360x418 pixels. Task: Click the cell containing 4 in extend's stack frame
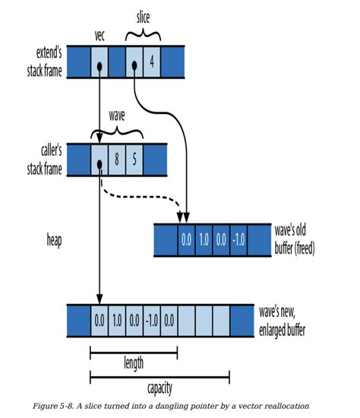tap(152, 62)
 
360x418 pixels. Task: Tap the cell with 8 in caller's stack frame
tap(117, 160)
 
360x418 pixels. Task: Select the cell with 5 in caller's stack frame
tap(134, 160)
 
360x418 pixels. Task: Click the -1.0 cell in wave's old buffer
tap(238, 240)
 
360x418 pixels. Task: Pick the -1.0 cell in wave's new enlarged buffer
tap(152, 321)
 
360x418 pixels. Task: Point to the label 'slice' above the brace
tap(143, 17)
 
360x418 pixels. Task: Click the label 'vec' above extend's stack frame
tap(99, 36)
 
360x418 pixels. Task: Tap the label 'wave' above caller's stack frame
tap(117, 116)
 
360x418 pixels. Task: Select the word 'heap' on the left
tap(55, 240)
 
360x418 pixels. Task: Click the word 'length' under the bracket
tap(134, 363)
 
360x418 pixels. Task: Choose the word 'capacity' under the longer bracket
tap(159, 388)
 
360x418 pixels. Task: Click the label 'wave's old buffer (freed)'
tap(295, 239)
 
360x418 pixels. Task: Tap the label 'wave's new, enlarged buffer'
tap(283, 321)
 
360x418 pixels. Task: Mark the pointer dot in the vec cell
tap(99, 67)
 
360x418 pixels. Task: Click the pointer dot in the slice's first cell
tap(134, 65)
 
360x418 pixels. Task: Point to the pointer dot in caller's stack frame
tap(99, 165)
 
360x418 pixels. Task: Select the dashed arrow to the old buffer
tap(138, 197)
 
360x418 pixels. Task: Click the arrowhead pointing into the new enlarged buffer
tap(99, 299)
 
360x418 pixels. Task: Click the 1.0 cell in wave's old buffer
tap(204, 240)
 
